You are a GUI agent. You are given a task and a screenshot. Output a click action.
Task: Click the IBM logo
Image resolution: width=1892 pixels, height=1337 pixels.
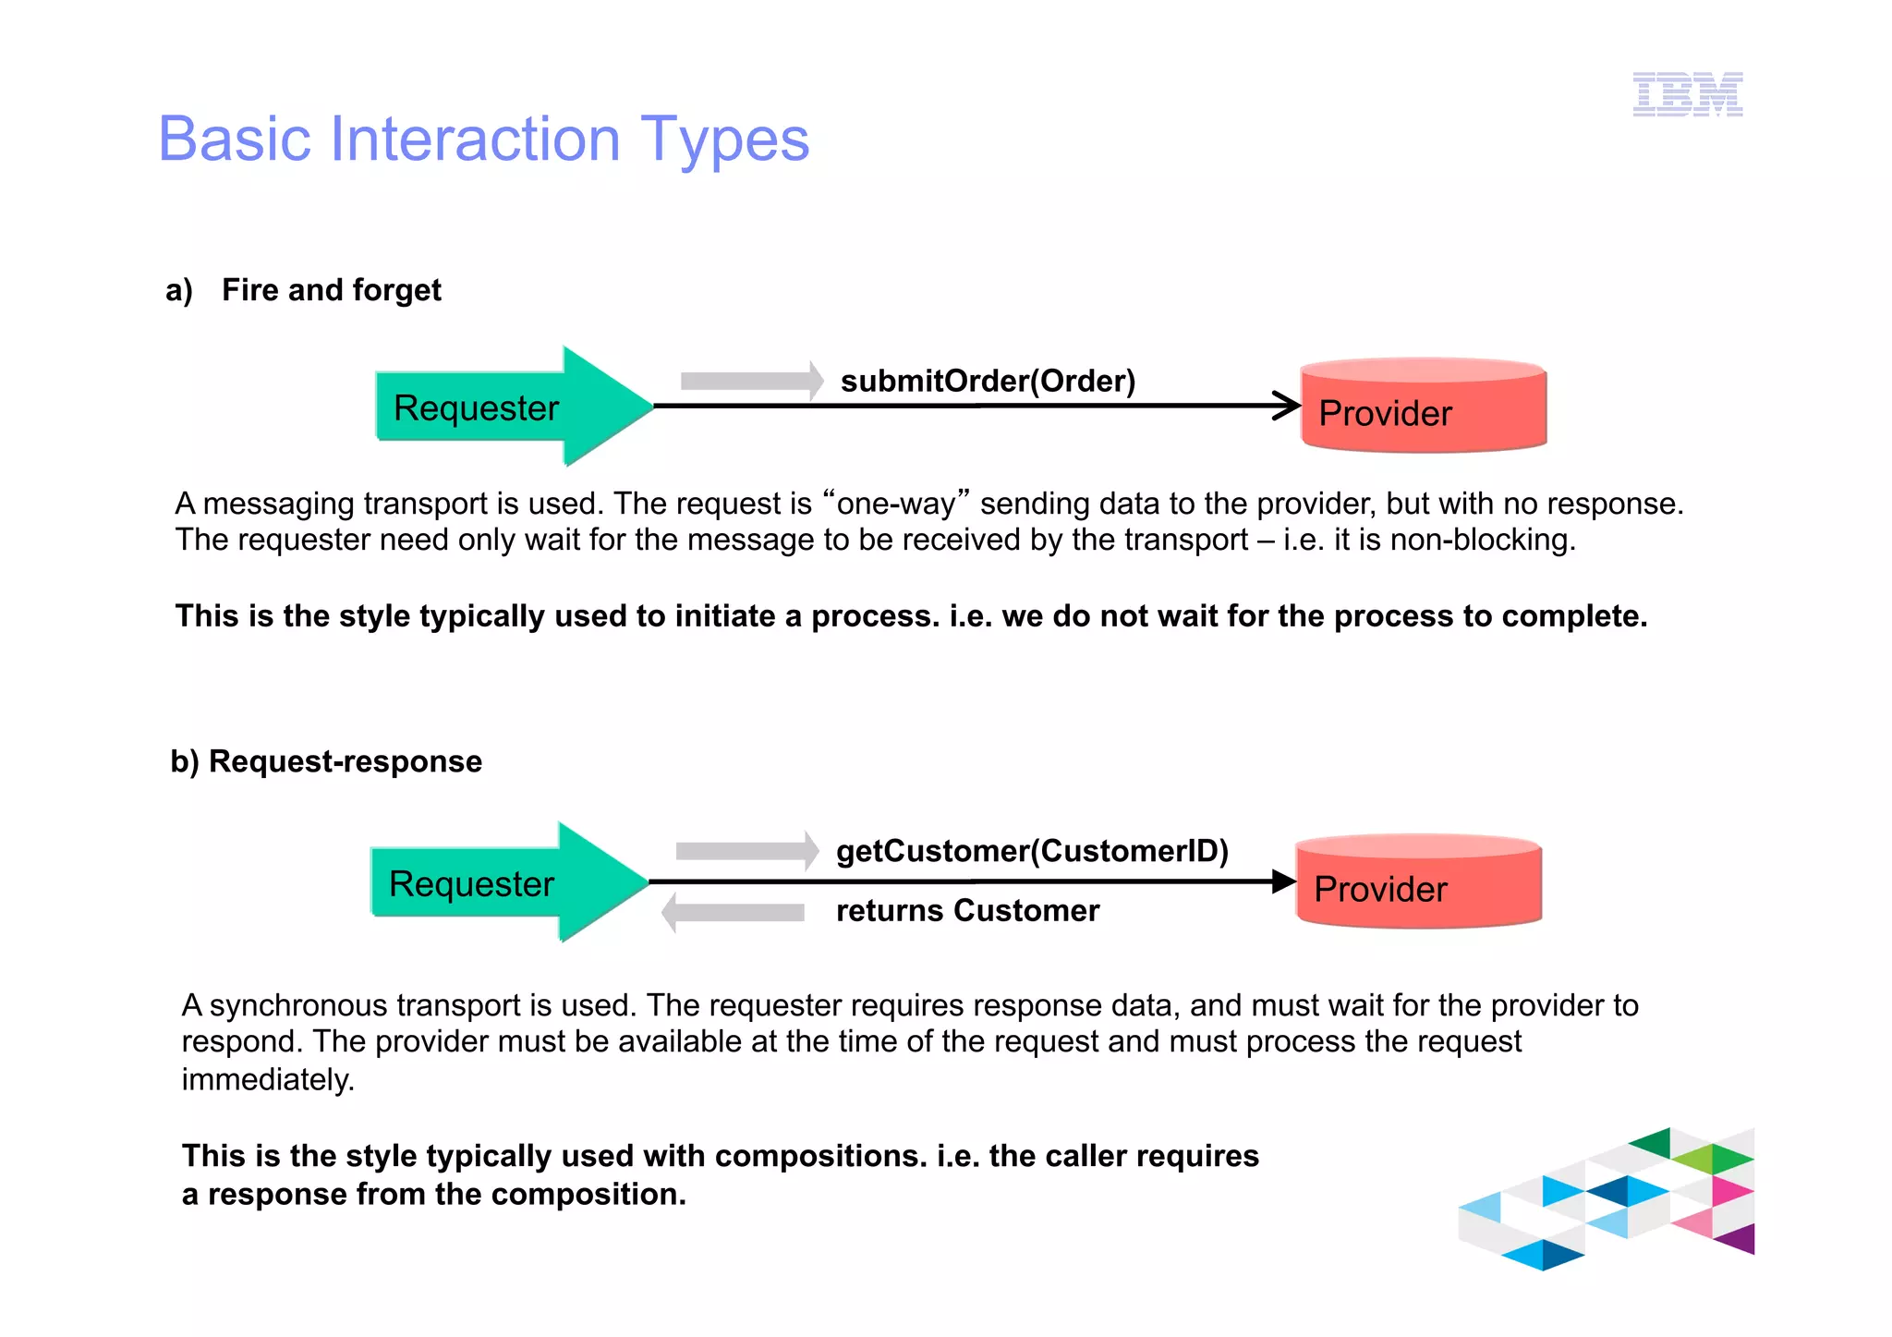click(1687, 94)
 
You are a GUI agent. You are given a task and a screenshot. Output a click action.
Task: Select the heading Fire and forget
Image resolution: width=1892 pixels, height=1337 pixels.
click(331, 290)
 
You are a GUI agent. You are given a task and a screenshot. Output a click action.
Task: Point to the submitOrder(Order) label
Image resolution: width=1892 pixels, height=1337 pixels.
click(988, 381)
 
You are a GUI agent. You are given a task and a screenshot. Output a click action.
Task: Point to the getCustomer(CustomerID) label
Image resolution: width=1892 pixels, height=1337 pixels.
click(1032, 850)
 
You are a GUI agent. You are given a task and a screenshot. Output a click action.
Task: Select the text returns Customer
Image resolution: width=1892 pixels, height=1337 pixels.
click(967, 910)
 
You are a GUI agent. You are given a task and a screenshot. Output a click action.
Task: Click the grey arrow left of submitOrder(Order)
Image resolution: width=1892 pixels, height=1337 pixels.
click(750, 381)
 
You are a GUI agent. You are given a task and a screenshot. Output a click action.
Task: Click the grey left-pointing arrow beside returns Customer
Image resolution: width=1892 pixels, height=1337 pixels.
click(734, 913)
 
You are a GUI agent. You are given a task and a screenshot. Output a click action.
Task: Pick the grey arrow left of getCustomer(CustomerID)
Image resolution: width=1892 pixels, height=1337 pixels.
click(746, 850)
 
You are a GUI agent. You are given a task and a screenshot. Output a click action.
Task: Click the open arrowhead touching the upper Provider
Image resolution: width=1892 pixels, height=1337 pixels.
click(1288, 405)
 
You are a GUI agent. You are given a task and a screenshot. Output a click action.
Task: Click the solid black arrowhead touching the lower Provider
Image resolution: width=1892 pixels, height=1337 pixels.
click(1283, 881)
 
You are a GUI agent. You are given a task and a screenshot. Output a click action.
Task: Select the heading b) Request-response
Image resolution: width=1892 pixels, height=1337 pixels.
click(326, 761)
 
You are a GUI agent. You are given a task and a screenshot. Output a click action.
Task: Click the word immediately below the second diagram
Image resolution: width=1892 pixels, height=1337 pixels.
click(267, 1079)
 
